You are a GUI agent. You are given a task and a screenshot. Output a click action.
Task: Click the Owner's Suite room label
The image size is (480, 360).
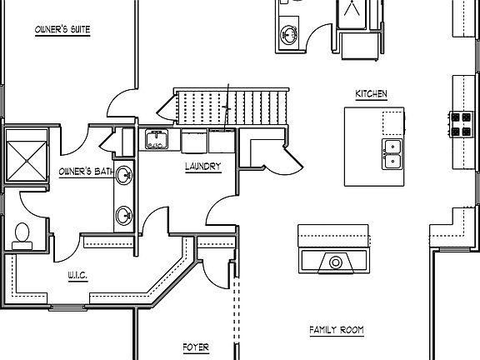pos(62,30)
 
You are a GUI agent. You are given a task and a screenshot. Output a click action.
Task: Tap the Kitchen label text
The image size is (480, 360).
pos(371,93)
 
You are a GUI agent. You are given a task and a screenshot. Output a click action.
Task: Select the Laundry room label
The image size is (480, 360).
pos(203,167)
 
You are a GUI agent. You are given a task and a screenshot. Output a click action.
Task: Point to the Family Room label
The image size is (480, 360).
pos(337,330)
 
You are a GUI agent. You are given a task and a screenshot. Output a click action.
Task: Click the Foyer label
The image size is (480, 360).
pos(196,347)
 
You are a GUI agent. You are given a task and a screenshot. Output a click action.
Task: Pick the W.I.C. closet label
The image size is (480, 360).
pos(77,276)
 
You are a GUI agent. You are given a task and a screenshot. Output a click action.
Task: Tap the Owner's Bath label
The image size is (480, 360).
pos(87,172)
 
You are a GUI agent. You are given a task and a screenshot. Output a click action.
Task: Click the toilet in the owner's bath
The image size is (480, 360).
pos(22,237)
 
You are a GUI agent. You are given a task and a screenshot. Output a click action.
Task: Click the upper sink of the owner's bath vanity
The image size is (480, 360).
pos(124,175)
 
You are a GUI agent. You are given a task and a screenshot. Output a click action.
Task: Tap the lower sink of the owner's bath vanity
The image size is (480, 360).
pos(124,216)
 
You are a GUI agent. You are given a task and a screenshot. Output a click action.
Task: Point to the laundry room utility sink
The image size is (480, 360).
pos(157,139)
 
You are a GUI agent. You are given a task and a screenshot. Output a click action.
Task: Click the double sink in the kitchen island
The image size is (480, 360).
pos(392,154)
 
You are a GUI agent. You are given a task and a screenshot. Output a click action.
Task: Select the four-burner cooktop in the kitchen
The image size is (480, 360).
pos(461,124)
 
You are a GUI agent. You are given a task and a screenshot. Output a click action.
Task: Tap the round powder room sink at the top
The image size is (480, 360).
pos(288,35)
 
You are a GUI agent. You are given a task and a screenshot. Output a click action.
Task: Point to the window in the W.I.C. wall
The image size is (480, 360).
pos(67,307)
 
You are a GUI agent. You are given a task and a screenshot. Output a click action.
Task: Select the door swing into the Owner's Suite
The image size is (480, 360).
pos(122,103)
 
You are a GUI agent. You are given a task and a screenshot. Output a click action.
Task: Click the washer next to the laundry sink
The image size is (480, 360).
pos(194,141)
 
